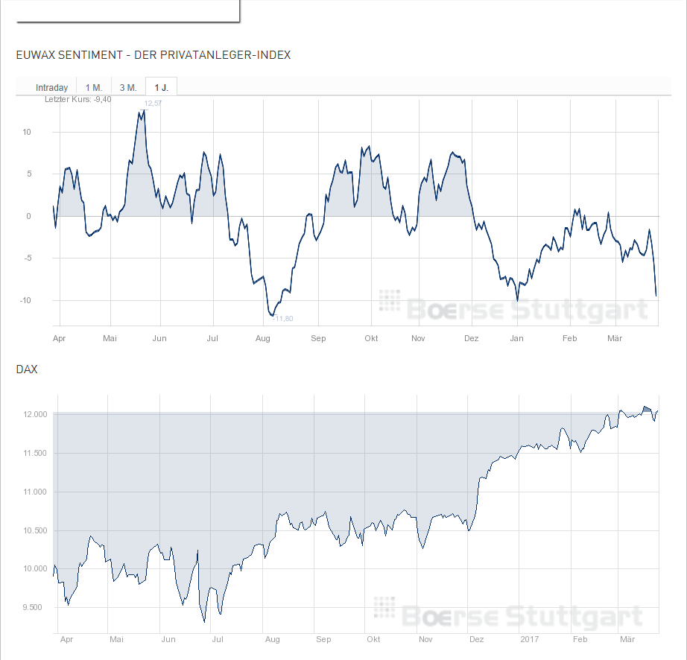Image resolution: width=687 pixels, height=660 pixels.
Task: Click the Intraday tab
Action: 51,87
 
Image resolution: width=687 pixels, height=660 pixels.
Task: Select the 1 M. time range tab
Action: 93,87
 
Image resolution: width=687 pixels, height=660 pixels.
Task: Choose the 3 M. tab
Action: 128,87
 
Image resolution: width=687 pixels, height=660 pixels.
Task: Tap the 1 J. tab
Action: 161,87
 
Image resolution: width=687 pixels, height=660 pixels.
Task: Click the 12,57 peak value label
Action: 153,104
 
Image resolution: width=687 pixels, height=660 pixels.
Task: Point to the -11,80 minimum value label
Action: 283,319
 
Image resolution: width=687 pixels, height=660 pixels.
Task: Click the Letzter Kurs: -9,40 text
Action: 78,99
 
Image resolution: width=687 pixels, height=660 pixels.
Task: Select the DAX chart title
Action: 26,369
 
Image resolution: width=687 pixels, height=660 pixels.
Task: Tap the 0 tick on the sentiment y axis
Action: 28,217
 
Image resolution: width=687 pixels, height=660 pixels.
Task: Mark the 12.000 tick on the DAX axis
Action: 35,415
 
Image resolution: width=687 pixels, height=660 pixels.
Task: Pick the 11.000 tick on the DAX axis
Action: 35,492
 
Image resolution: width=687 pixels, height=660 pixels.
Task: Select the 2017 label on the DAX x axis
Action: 529,640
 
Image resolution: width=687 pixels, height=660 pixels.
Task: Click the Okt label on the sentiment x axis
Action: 371,338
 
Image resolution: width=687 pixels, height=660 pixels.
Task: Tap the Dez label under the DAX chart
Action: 477,640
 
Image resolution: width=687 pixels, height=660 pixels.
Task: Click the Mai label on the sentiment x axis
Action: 110,338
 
